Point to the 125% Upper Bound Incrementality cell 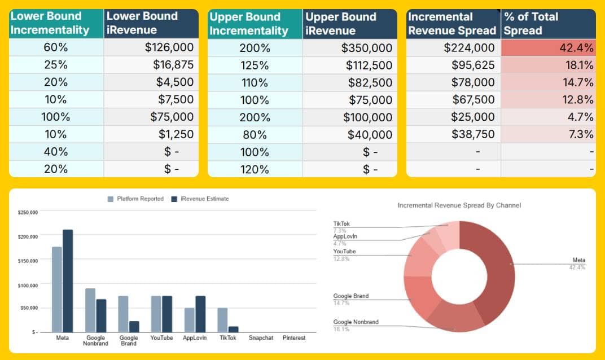(255, 65)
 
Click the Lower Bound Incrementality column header (56, 24)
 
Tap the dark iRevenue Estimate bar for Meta (68, 280)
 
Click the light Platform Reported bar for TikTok (222, 320)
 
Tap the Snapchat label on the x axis (261, 338)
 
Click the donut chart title (459, 205)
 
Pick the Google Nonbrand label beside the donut (356, 322)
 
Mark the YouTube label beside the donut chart (344, 252)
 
